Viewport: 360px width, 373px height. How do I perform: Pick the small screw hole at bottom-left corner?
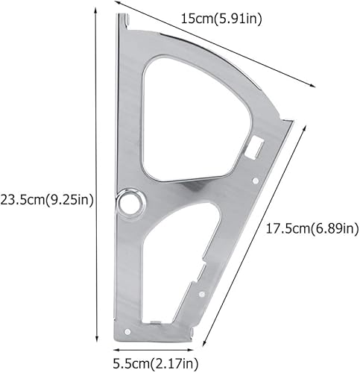(126, 330)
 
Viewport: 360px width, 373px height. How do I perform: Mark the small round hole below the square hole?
(255, 180)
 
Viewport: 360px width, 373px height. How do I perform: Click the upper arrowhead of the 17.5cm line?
(304, 127)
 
